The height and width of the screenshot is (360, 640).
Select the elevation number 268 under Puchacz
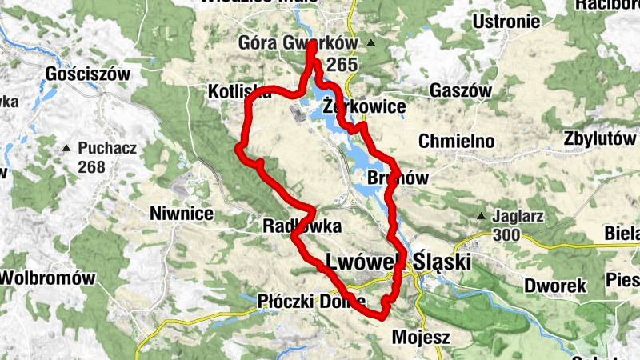(92, 167)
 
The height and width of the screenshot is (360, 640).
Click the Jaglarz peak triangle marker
(482, 216)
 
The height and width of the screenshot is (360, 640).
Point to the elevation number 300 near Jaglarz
(508, 235)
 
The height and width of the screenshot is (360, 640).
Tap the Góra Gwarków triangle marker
(370, 42)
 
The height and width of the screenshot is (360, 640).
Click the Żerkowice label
(366, 106)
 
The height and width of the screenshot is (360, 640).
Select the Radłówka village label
(302, 226)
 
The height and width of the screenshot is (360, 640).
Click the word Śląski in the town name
(442, 262)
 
